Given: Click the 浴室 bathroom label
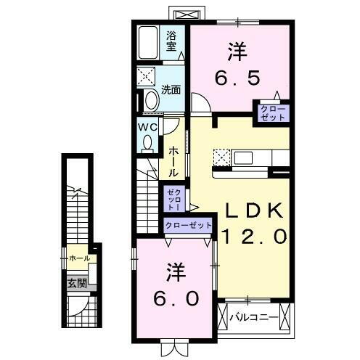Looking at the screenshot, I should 172,41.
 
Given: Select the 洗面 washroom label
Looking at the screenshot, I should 171,90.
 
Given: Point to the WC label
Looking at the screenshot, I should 149,126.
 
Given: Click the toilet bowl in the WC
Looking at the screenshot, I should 148,142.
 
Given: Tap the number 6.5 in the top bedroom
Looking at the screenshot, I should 237,77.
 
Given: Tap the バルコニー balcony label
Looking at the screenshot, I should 254,317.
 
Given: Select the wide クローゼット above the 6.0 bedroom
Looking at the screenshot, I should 188,224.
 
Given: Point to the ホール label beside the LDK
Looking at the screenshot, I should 175,162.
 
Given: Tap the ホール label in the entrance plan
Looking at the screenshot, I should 80,258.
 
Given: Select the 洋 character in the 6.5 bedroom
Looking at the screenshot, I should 237,51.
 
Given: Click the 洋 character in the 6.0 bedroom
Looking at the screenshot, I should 175,273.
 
